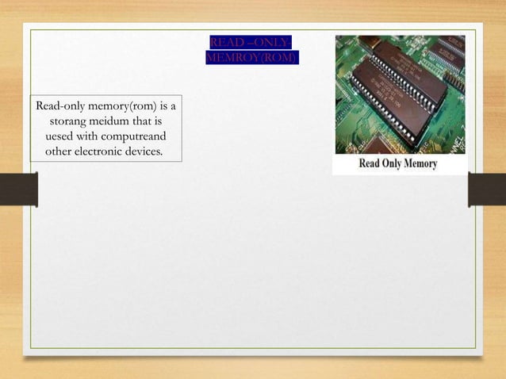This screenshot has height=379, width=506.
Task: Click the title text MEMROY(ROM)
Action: (251, 58)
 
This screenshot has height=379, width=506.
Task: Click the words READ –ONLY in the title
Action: (251, 42)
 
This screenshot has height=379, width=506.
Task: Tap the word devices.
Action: (150, 151)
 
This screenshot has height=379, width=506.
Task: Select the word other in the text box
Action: (62, 151)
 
